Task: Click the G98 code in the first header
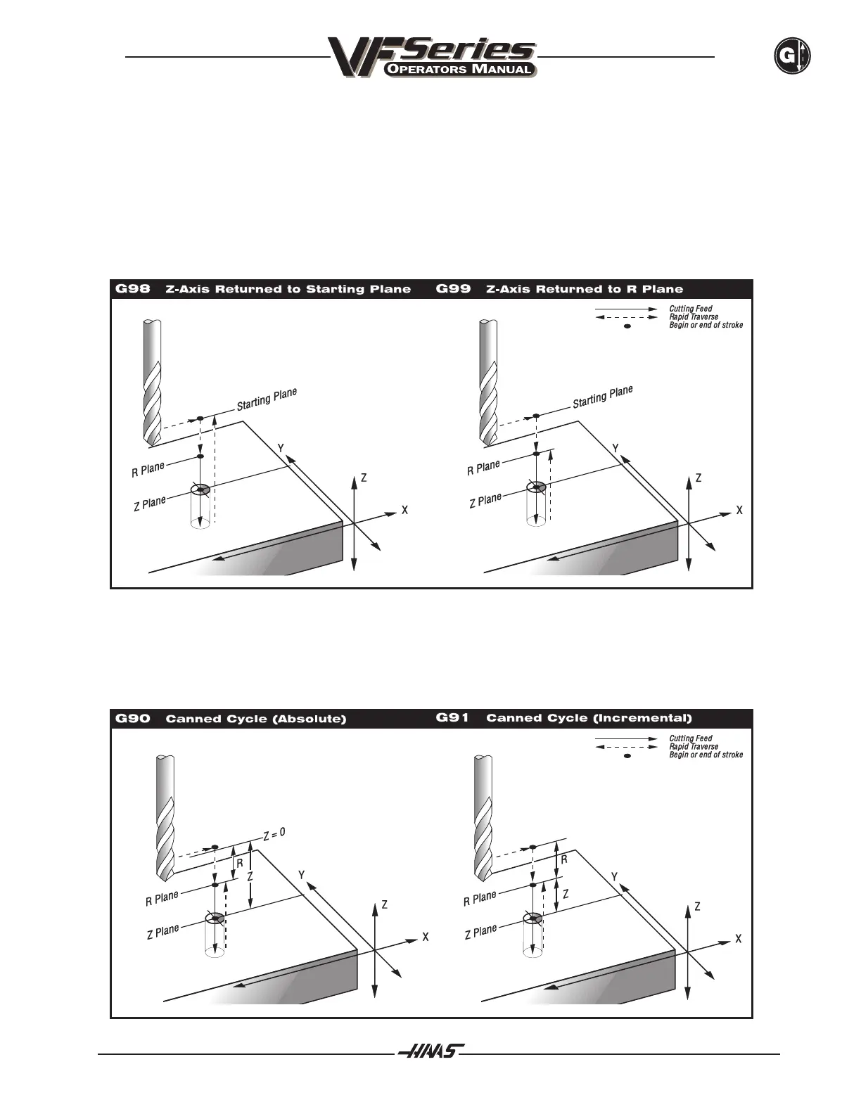point(132,289)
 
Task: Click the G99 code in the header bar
point(454,289)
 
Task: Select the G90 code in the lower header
point(132,719)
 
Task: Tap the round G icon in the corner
point(792,56)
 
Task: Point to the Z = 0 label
point(274,834)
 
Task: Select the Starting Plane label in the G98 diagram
point(267,399)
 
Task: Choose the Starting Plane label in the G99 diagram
point(602,397)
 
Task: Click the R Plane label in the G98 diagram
point(148,470)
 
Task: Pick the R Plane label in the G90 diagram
point(162,899)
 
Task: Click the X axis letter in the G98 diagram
point(404,511)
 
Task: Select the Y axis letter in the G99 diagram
point(616,449)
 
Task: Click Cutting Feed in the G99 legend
point(690,309)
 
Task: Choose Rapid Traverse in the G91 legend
point(694,747)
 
